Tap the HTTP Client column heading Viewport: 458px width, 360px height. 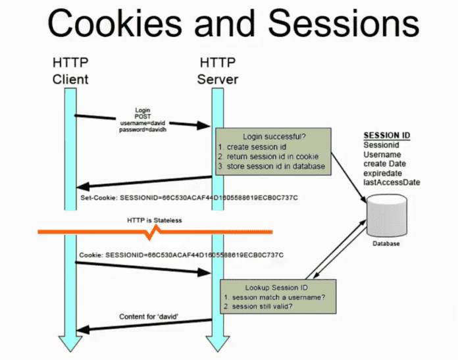70,71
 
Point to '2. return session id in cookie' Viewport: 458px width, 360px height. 268,156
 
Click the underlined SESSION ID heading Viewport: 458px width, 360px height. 387,136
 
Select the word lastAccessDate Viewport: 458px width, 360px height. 392,182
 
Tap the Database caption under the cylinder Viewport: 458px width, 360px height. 385,244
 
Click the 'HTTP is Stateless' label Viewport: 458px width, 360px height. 154,221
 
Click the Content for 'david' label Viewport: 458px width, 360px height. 149,317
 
